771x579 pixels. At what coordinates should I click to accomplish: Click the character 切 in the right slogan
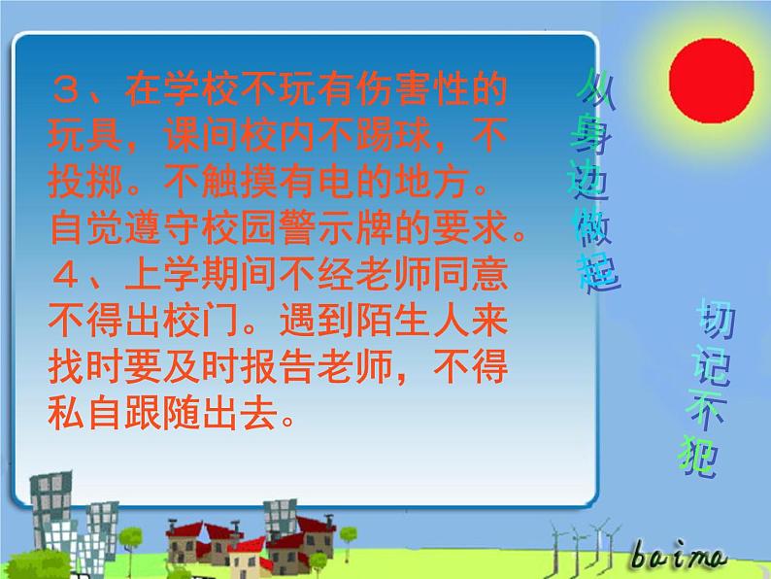(x=715, y=321)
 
